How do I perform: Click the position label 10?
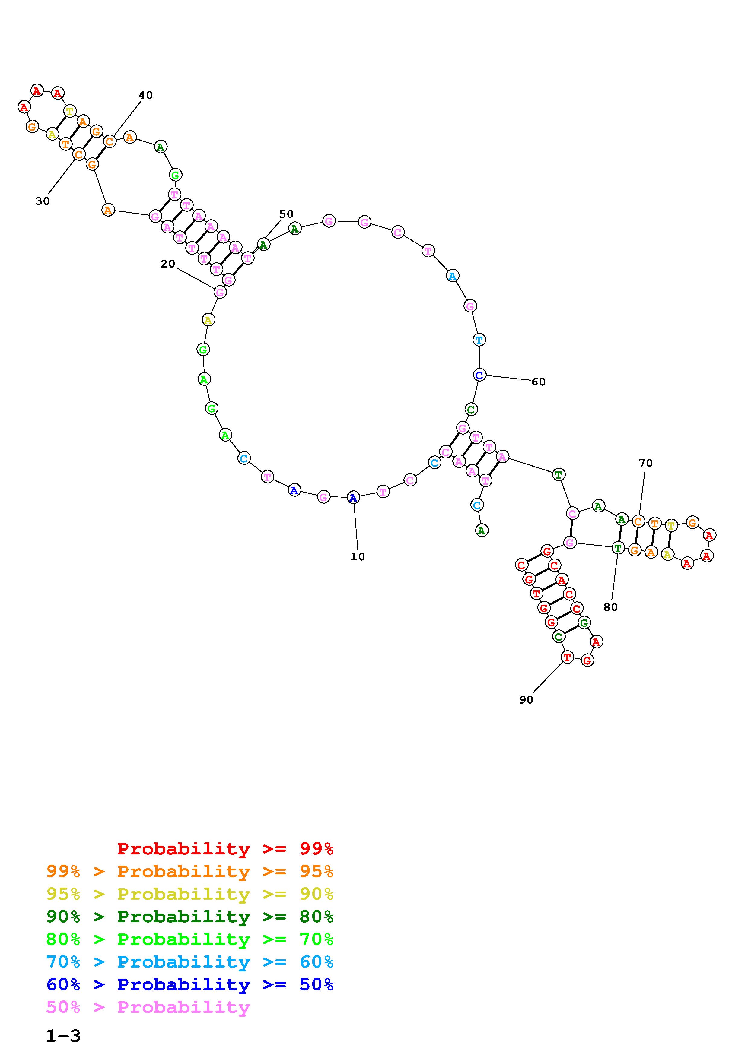(358, 557)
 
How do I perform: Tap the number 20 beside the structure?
(168, 264)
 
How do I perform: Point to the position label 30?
(43, 201)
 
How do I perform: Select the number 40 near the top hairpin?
(146, 95)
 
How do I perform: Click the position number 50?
(286, 214)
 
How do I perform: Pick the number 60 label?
(538, 382)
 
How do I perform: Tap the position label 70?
(646, 463)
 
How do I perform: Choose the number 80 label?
(611, 607)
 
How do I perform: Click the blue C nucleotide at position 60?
(479, 375)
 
